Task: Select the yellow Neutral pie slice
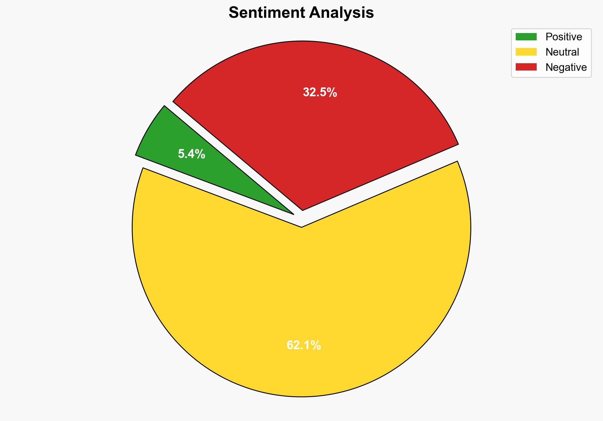(301, 286)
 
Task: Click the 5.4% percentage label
(191, 154)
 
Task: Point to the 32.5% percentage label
(320, 92)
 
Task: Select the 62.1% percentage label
(303, 345)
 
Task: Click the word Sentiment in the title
(267, 13)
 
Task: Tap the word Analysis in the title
(341, 13)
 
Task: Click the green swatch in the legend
(526, 37)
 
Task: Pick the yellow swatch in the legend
(526, 52)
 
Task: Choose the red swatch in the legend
(526, 67)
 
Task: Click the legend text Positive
(564, 37)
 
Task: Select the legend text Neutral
(562, 52)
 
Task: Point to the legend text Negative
(566, 67)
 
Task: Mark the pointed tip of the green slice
(293, 214)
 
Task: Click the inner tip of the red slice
(302, 210)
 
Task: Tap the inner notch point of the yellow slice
(301, 227)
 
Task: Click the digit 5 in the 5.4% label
(181, 154)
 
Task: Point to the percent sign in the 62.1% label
(316, 345)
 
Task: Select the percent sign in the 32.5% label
(332, 92)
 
